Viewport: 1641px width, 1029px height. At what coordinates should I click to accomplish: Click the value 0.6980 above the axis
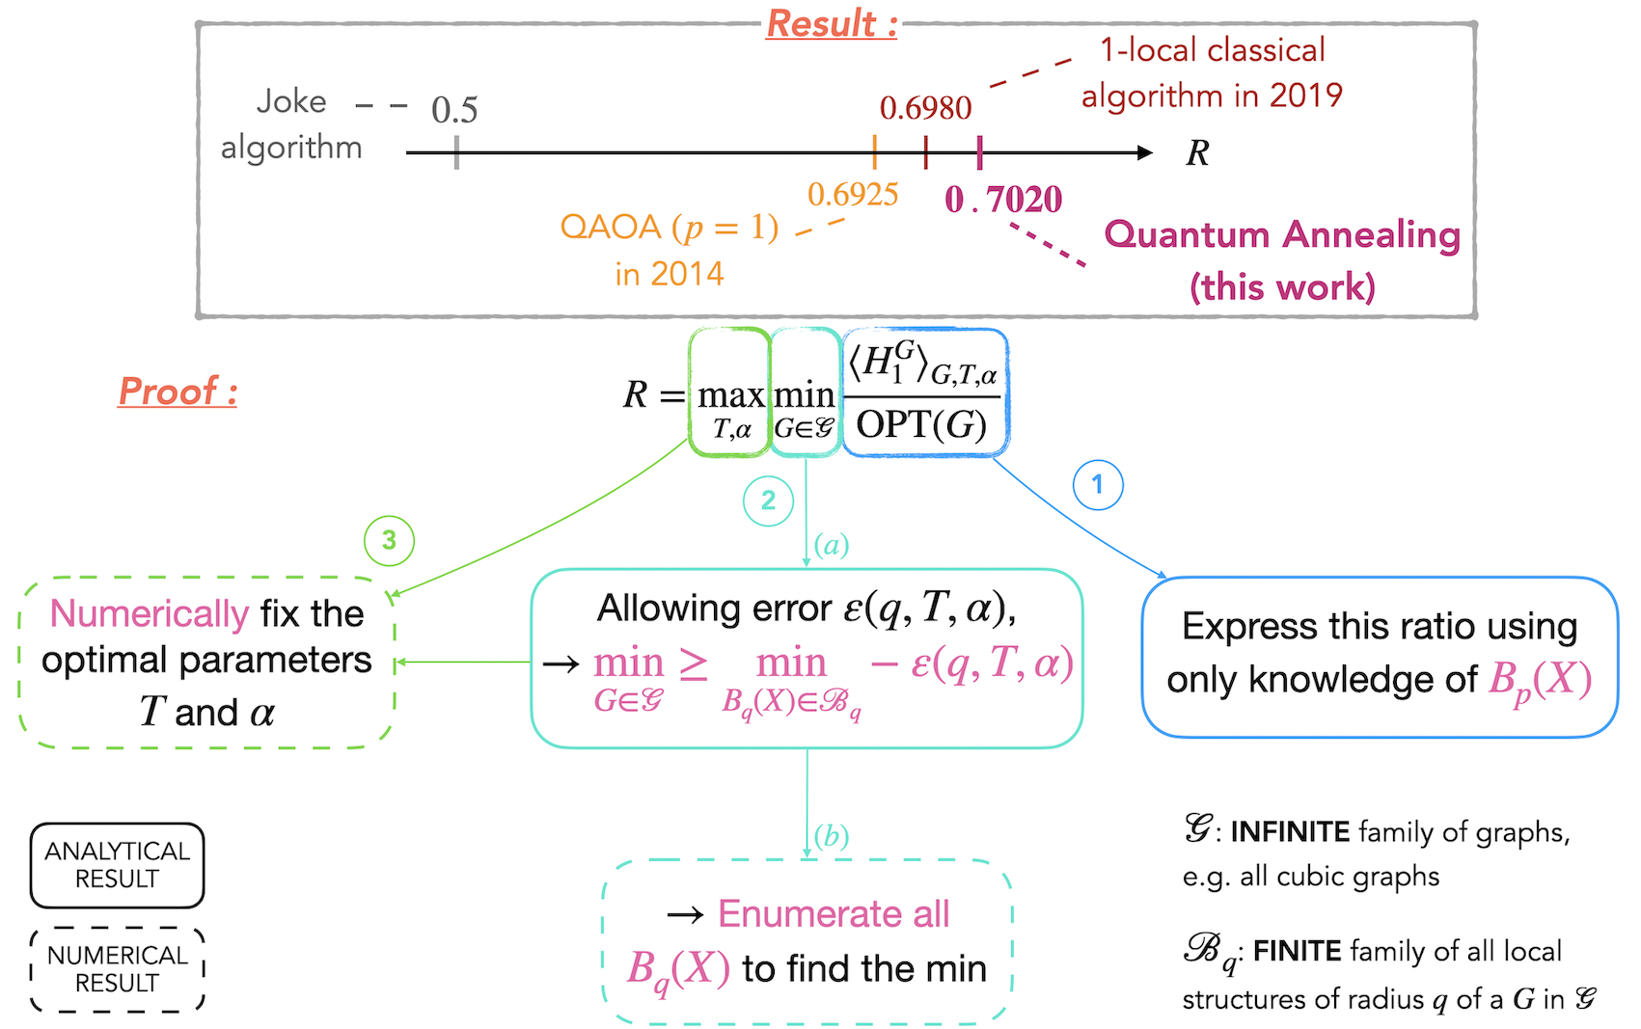pyautogui.click(x=925, y=108)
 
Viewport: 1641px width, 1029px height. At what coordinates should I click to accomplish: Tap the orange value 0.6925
pyautogui.click(x=853, y=195)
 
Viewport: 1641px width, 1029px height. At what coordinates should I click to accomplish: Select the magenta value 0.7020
pyautogui.click(x=1003, y=200)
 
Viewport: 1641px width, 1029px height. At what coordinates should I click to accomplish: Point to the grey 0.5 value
pyautogui.click(x=454, y=111)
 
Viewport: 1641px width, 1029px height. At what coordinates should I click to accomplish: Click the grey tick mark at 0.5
pyautogui.click(x=456, y=152)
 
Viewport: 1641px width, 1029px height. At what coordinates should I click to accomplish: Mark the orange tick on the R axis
pyautogui.click(x=874, y=152)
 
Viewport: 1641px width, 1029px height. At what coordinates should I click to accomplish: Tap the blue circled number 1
pyautogui.click(x=1098, y=484)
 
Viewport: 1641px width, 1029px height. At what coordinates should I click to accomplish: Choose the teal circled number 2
pyautogui.click(x=768, y=501)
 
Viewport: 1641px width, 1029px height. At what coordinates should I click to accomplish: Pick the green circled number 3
pyautogui.click(x=389, y=540)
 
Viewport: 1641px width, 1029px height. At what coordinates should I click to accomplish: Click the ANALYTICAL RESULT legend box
pyautogui.click(x=117, y=865)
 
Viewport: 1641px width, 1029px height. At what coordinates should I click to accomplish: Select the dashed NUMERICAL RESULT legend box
pyautogui.click(x=117, y=969)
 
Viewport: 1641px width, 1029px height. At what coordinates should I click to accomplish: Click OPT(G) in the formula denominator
pyautogui.click(x=921, y=424)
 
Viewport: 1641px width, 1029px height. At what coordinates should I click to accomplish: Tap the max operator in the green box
pyautogui.click(x=730, y=395)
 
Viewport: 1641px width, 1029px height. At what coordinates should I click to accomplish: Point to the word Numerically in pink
pyautogui.click(x=150, y=613)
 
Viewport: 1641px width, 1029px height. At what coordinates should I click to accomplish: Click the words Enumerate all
pyautogui.click(x=834, y=913)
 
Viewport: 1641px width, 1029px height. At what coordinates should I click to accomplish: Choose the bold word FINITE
pyautogui.click(x=1298, y=952)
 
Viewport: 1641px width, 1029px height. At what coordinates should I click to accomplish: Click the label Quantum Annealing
pyautogui.click(x=1282, y=234)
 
